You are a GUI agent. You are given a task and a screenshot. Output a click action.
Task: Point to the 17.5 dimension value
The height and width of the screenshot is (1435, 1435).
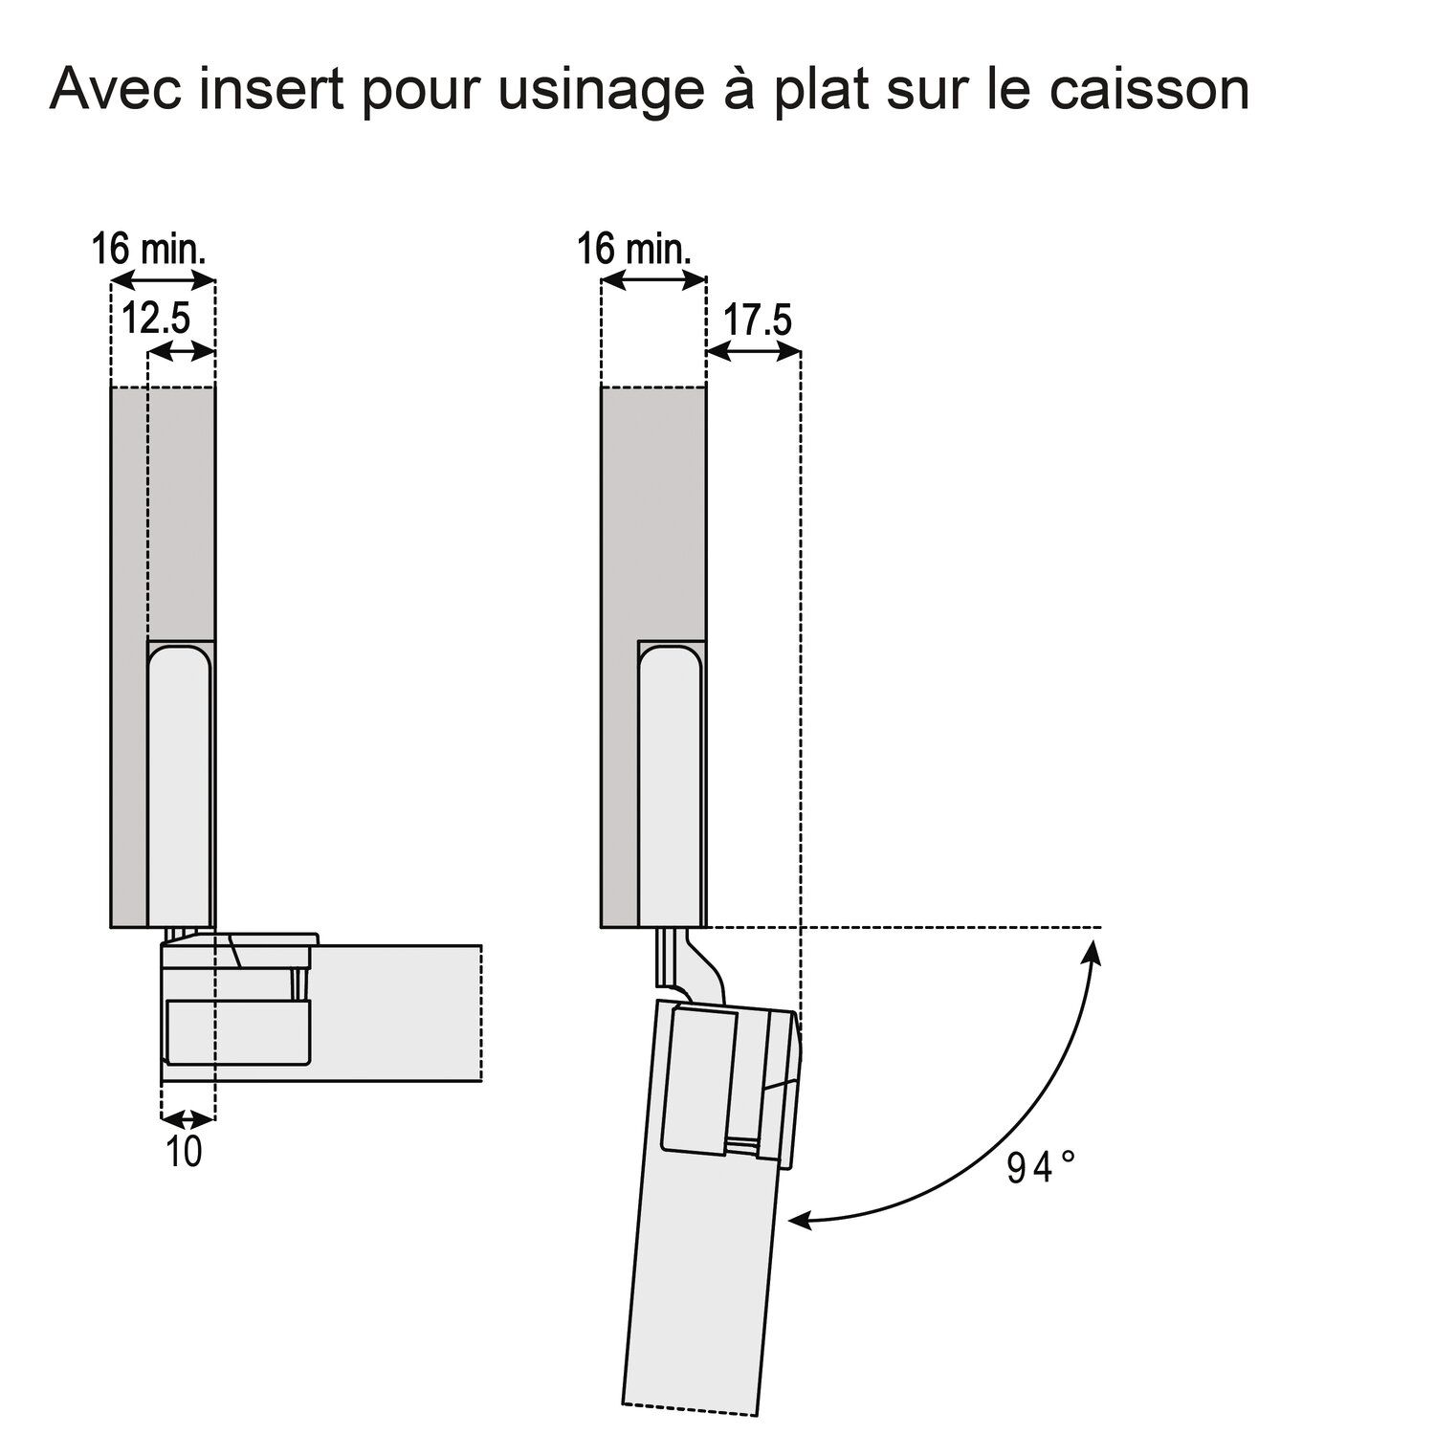(x=757, y=320)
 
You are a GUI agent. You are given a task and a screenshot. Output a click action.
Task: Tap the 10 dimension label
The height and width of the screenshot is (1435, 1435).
(x=184, y=1152)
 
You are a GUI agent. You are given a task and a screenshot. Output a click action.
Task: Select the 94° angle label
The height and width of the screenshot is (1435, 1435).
(x=1042, y=1168)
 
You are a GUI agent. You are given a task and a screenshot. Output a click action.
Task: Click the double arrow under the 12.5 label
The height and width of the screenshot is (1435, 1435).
(x=182, y=352)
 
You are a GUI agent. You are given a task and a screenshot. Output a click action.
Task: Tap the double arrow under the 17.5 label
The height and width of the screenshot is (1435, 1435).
(x=753, y=353)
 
